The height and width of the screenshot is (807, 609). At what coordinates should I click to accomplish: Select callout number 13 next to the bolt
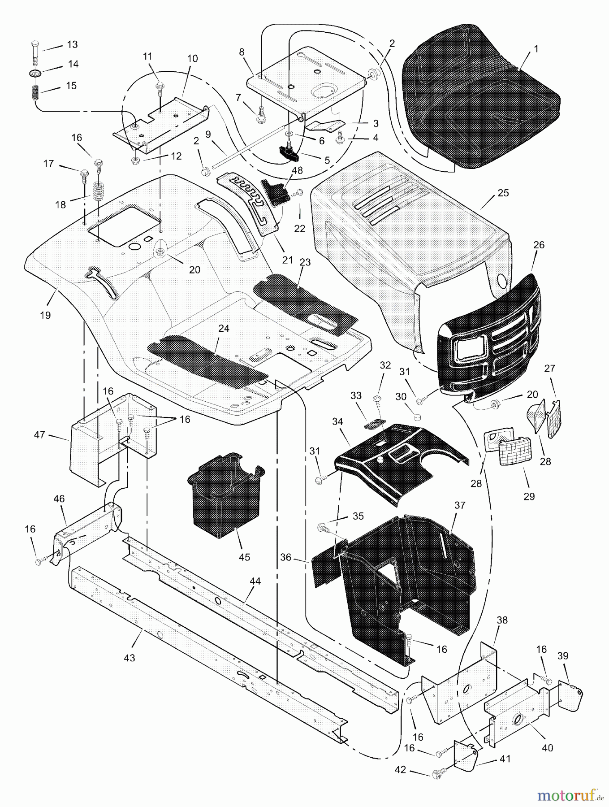coord(72,44)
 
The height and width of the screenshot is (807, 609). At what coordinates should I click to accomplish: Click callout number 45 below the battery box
coord(244,557)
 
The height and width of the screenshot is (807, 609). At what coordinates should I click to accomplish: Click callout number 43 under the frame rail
coord(130,658)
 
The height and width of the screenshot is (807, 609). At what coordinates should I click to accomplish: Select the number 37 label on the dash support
coord(460,505)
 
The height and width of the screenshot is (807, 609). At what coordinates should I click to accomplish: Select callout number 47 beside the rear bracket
coord(40,434)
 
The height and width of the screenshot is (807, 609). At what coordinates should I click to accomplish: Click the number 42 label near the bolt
coord(400,770)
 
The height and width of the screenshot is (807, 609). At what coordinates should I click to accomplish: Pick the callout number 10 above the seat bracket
coord(192,59)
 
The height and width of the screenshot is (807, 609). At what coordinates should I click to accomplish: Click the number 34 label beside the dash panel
coord(337,421)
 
